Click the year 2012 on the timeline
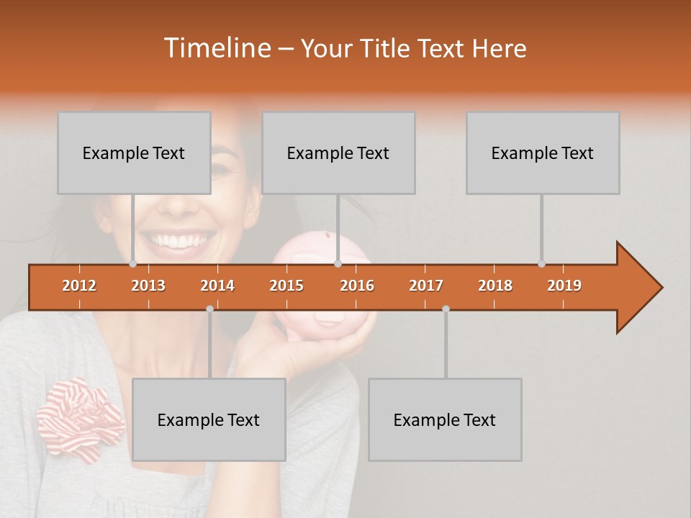click(x=79, y=286)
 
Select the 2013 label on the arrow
click(x=148, y=286)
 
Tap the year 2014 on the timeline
click(x=217, y=286)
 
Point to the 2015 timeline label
click(x=286, y=286)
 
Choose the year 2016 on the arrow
click(x=357, y=286)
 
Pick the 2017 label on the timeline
click(x=426, y=286)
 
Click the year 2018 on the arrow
click(x=495, y=286)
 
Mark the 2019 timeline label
click(x=564, y=286)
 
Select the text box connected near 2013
click(x=134, y=153)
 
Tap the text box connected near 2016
click(x=338, y=153)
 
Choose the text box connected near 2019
click(x=543, y=153)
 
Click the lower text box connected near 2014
click(x=209, y=419)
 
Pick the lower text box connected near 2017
click(x=445, y=419)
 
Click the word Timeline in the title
click(x=216, y=48)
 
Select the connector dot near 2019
click(x=541, y=263)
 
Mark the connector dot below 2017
click(x=446, y=309)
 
